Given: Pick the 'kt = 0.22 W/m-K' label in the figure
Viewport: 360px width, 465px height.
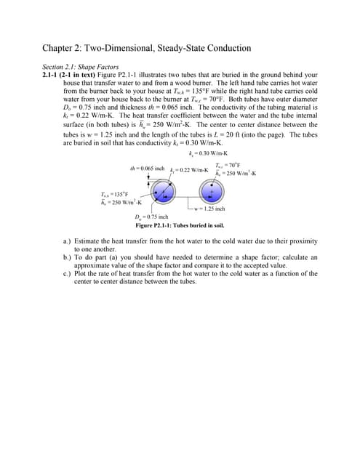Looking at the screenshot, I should (190, 170).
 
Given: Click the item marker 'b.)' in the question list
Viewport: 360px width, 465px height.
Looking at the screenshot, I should (68, 257).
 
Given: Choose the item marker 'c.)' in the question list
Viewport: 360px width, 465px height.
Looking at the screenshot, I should (68, 274).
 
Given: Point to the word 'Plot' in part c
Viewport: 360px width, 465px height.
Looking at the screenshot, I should (87, 274).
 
